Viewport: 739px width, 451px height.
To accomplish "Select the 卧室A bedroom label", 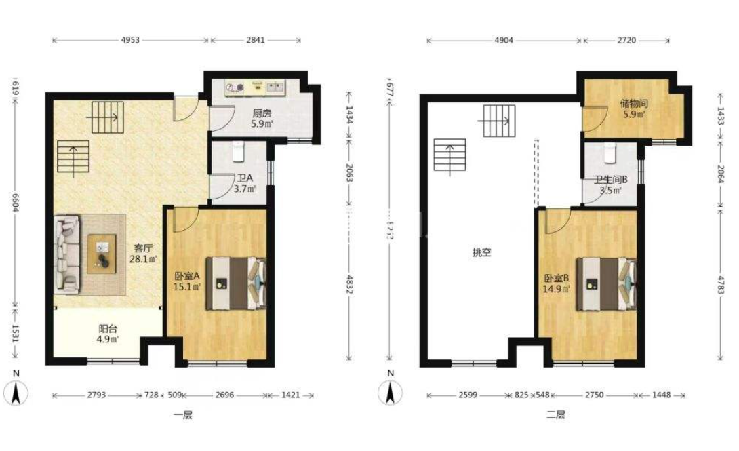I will click(186, 276).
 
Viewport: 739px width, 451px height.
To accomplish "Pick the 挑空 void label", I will click(481, 252).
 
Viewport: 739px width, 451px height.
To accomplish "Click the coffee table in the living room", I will click(102, 252).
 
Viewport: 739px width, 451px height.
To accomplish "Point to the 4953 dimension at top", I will click(130, 40).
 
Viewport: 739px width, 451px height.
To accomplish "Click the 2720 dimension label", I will click(626, 40).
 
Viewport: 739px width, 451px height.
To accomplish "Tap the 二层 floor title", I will click(555, 414).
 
